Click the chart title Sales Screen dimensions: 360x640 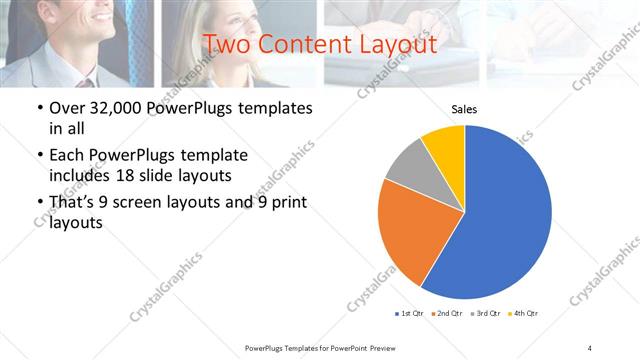point(464,108)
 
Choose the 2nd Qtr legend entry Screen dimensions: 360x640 point(447,314)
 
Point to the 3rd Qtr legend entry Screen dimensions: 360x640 point(485,314)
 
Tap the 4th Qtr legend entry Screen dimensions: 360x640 point(523,314)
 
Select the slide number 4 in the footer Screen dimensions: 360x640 point(590,347)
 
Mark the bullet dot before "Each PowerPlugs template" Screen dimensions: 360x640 point(39,156)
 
